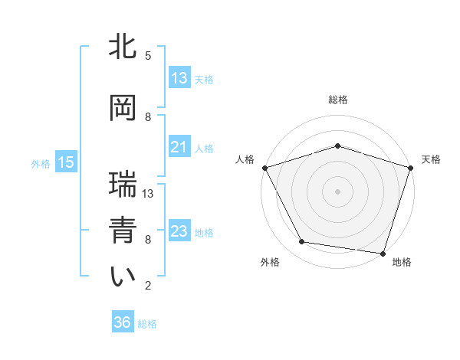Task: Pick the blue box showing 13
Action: pyautogui.click(x=179, y=77)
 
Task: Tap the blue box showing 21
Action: pyautogui.click(x=179, y=147)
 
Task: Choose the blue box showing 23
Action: pyautogui.click(x=179, y=231)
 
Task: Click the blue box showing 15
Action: pyautogui.click(x=65, y=162)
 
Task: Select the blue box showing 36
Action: pyautogui.click(x=123, y=322)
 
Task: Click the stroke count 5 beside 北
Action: pyautogui.click(x=148, y=56)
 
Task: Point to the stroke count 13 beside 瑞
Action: pyautogui.click(x=149, y=194)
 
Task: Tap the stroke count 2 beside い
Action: pyautogui.click(x=148, y=286)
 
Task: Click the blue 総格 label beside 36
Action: pyautogui.click(x=147, y=324)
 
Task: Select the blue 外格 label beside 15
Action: pyautogui.click(x=41, y=163)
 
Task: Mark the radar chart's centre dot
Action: pyautogui.click(x=337, y=191)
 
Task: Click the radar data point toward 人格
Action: pyautogui.click(x=264, y=168)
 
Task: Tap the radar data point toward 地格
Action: pyautogui.click(x=383, y=253)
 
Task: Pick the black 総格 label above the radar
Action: pyautogui.click(x=337, y=100)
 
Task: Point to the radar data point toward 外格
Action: pyautogui.click(x=302, y=242)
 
